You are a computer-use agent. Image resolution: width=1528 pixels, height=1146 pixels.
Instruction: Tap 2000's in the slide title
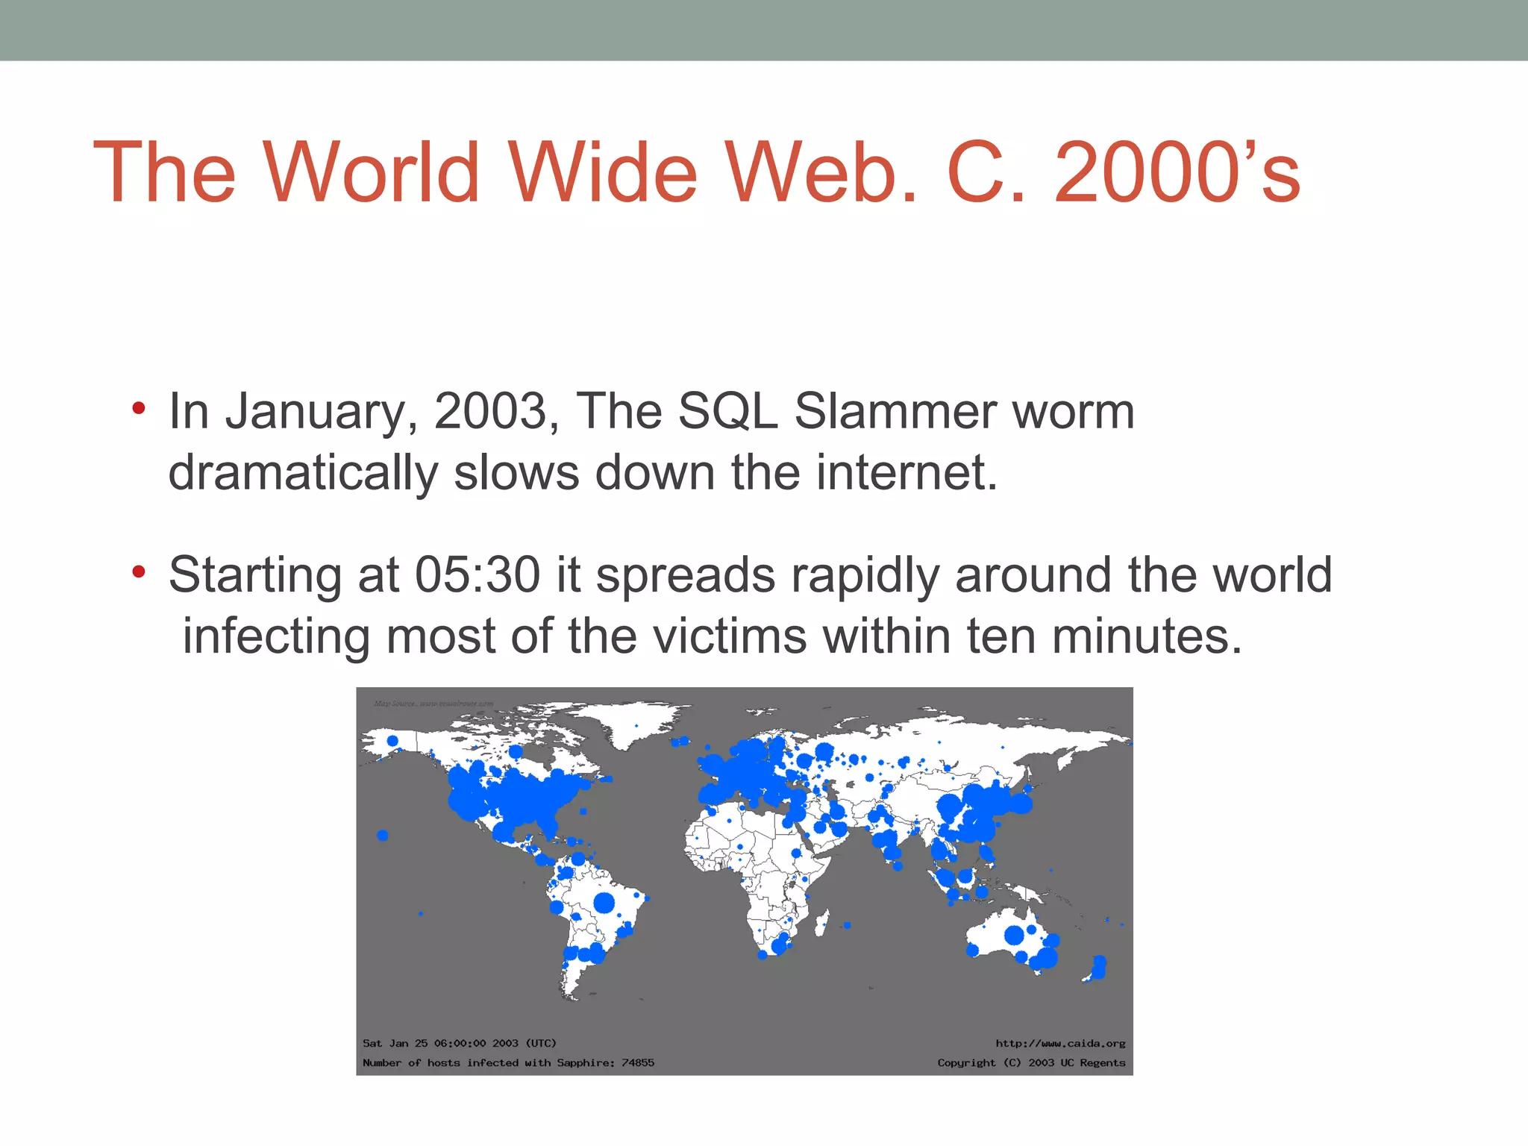coord(1177,173)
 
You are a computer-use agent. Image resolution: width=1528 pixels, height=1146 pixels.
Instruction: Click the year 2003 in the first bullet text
coord(490,411)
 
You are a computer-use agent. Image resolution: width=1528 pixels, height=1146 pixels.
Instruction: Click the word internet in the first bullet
coord(907,473)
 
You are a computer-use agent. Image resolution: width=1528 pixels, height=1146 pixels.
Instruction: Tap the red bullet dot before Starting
coord(138,573)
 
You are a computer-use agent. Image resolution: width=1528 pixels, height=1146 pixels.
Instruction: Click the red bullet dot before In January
coord(138,409)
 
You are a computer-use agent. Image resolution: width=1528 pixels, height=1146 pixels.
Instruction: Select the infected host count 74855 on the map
coord(638,1062)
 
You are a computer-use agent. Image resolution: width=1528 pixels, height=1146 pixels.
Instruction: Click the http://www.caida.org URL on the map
coord(1060,1043)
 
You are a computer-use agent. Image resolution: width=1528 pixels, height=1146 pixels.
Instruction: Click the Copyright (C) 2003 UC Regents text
coord(1031,1062)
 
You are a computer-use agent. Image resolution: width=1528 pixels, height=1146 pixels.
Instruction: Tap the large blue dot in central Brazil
coord(604,903)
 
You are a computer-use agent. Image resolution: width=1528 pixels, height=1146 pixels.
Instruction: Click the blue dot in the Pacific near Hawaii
coord(383,835)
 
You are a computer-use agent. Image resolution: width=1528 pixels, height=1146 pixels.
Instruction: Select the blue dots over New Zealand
coord(1098,968)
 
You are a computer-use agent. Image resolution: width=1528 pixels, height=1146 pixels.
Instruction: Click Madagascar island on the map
coord(821,924)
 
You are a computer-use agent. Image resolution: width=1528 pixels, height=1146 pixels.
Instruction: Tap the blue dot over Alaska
coord(392,741)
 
